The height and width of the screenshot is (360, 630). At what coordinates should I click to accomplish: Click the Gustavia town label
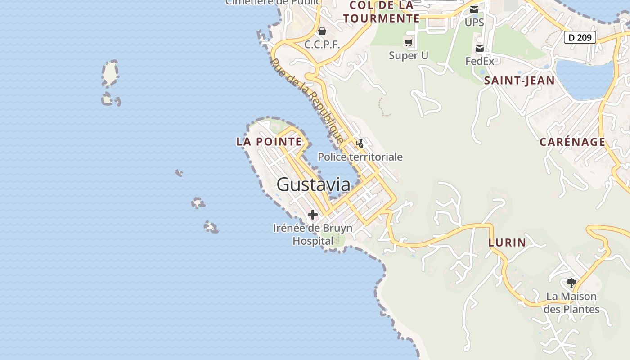click(313, 184)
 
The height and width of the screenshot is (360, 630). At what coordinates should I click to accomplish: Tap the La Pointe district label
click(269, 142)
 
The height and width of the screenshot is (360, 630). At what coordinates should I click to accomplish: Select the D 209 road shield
click(580, 37)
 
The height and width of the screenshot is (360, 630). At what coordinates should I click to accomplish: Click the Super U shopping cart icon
click(408, 43)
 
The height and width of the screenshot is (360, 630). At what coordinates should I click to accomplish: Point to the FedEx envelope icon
click(480, 48)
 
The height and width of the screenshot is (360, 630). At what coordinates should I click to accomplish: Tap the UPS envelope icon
click(474, 9)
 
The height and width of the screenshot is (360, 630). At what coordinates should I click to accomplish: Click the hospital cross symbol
click(312, 215)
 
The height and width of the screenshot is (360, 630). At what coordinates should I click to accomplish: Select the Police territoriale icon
click(360, 144)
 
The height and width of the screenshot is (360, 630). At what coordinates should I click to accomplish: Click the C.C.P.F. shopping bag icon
click(322, 31)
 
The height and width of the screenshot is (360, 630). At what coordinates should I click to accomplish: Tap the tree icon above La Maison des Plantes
click(571, 283)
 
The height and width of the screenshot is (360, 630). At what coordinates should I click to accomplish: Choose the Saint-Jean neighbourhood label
click(519, 81)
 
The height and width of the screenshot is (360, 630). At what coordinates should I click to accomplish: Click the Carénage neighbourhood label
click(572, 142)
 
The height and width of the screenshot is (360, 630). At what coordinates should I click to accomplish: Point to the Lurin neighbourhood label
click(507, 243)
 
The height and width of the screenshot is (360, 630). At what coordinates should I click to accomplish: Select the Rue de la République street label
click(307, 101)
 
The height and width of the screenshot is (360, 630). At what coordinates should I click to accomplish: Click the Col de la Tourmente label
click(382, 12)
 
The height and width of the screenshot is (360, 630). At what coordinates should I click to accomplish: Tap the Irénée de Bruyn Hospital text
click(313, 234)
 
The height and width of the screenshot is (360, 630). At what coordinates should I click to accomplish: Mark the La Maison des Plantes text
click(571, 303)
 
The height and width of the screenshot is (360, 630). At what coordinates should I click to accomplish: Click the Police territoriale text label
click(360, 157)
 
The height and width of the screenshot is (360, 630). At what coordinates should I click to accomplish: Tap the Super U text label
click(409, 55)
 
